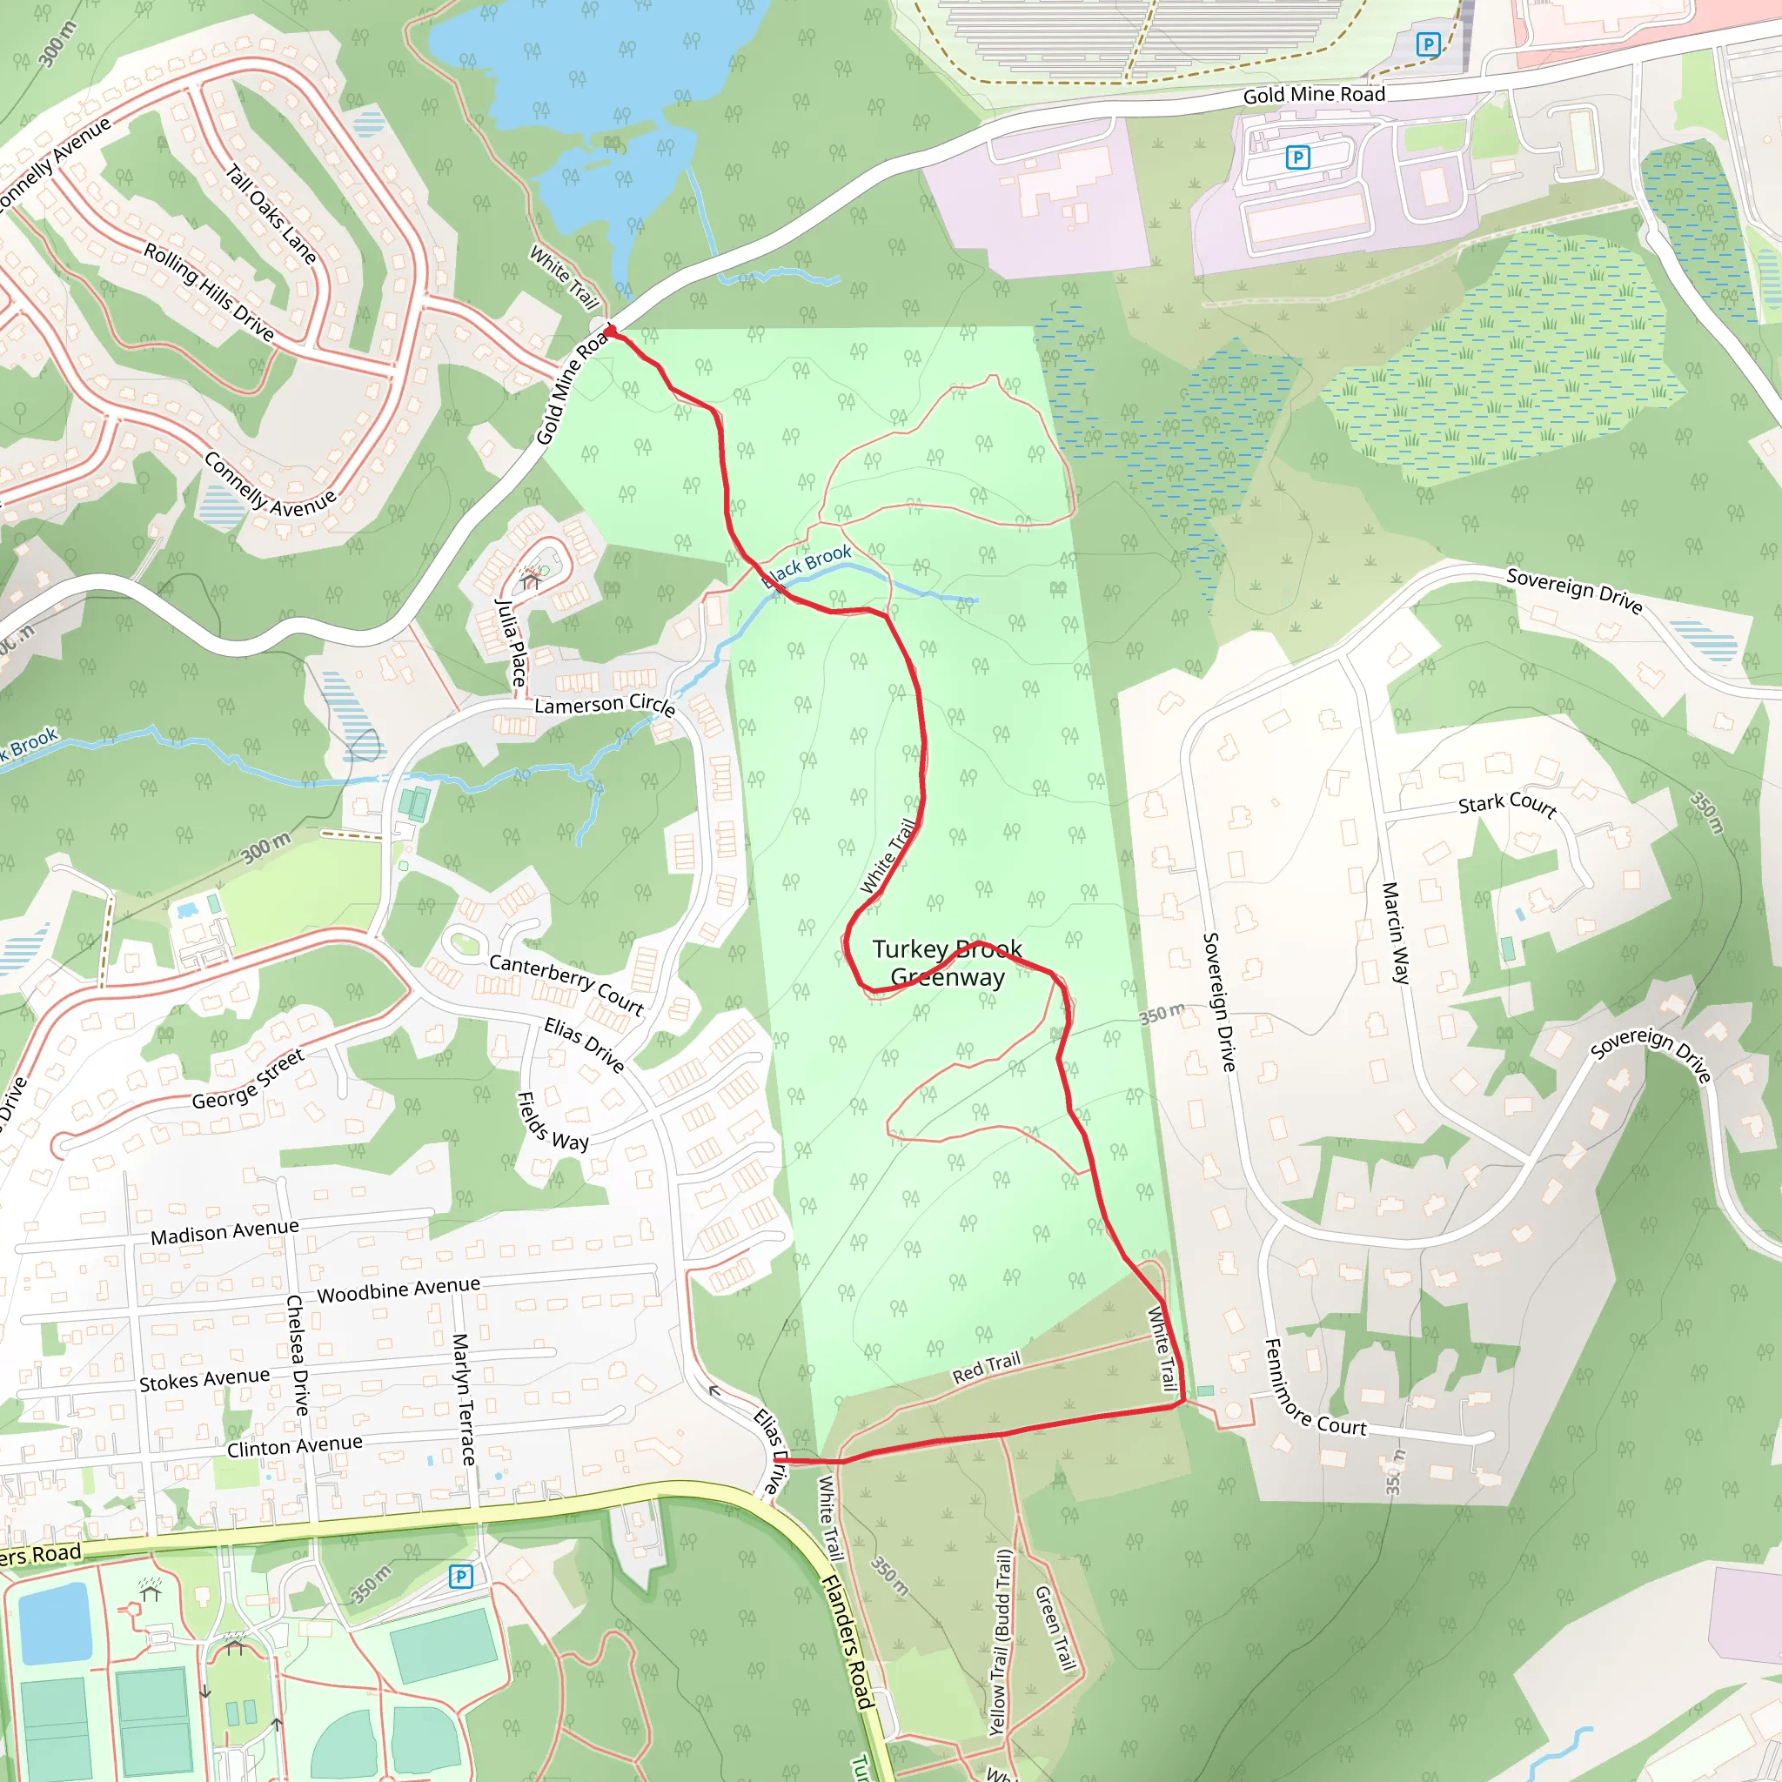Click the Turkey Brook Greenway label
(948, 963)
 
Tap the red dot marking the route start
(610, 329)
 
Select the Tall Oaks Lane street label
(271, 214)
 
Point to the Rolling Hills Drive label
(209, 291)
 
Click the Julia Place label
(511, 643)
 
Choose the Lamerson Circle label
(605, 705)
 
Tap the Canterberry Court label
(566, 984)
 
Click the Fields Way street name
(552, 1122)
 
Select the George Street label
(247, 1080)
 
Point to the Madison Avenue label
(224, 1232)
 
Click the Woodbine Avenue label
(399, 1290)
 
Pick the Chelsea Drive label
(297, 1355)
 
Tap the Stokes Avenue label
(204, 1380)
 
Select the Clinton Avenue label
(294, 1446)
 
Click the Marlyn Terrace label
(463, 1398)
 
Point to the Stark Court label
(1507, 804)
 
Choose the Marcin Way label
(1396, 933)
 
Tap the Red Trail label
(986, 1367)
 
